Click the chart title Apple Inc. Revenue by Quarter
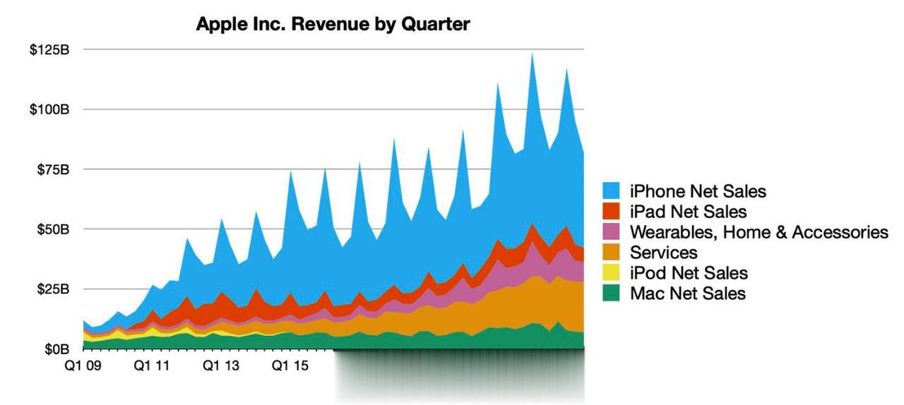coord(333,24)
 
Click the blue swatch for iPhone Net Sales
coord(611,191)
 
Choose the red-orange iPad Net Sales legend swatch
coord(611,212)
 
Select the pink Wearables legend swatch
coord(611,232)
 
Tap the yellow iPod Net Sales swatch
coord(611,273)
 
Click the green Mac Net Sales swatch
coord(611,294)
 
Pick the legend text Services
coord(663,253)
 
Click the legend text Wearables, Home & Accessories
coord(759,232)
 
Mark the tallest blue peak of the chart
coord(532,54)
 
